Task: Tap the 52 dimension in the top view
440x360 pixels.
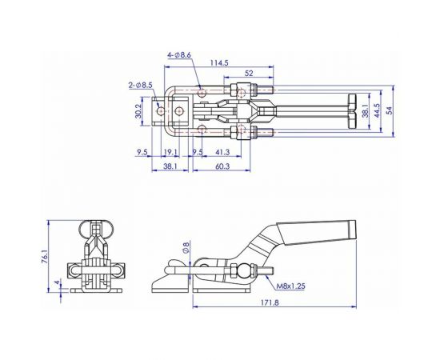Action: pyautogui.click(x=251, y=73)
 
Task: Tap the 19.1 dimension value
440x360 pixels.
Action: pyautogui.click(x=170, y=151)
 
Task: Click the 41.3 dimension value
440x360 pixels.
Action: pyautogui.click(x=223, y=151)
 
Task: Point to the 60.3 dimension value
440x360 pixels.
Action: pyautogui.click(x=222, y=166)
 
